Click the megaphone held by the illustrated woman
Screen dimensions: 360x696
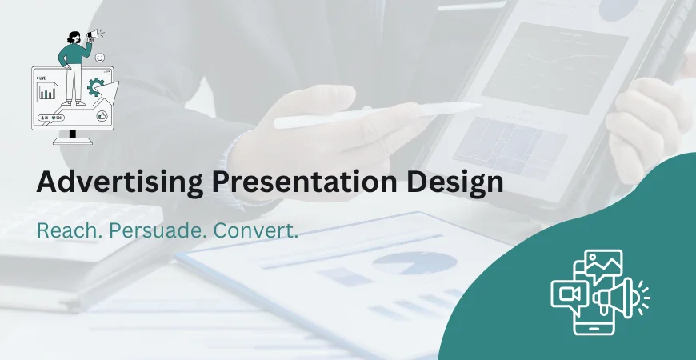(x=95, y=34)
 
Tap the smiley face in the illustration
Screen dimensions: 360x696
(x=99, y=58)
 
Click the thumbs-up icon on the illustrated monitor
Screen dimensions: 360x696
(x=102, y=117)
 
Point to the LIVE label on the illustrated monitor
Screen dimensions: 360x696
(x=41, y=78)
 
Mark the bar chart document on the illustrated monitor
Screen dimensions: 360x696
(x=49, y=92)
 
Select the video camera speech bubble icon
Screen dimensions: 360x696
(x=570, y=294)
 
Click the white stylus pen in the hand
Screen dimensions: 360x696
(x=376, y=114)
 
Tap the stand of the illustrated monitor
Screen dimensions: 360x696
(x=73, y=138)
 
